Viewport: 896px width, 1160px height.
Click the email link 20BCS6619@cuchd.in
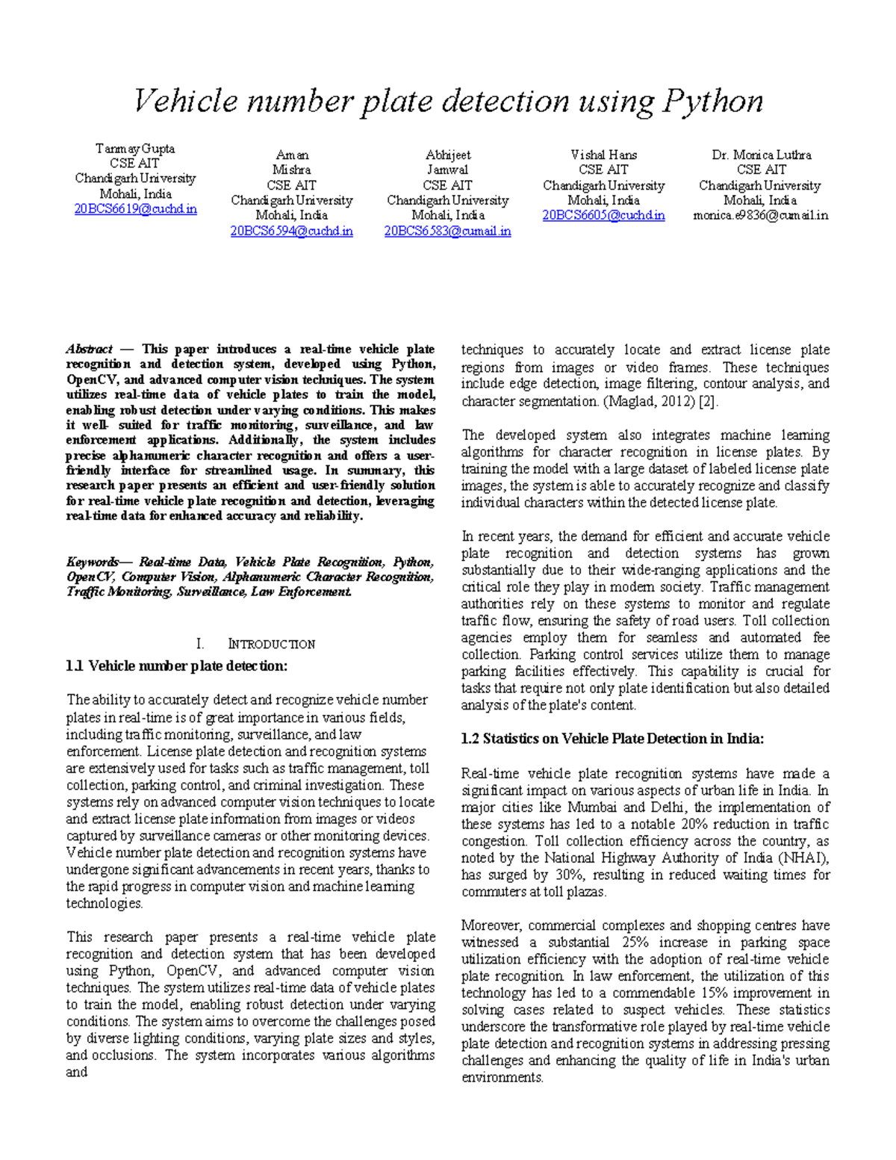[x=135, y=209]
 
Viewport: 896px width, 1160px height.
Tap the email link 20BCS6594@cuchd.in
[x=291, y=232]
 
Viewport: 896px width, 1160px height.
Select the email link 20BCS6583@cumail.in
[x=447, y=232]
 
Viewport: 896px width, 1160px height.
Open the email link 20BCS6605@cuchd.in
[x=603, y=216]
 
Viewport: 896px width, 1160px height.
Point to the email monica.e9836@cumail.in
[x=760, y=216]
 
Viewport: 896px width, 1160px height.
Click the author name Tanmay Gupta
[x=135, y=149]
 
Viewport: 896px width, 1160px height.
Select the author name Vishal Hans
[x=603, y=155]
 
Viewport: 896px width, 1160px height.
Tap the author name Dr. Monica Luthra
[x=761, y=155]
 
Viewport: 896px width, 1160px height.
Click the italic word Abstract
[x=89, y=350]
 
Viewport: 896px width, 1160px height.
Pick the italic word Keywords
[x=92, y=562]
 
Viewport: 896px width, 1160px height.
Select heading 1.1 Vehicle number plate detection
[x=177, y=666]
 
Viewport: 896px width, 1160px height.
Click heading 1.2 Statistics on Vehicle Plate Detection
[x=612, y=739]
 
